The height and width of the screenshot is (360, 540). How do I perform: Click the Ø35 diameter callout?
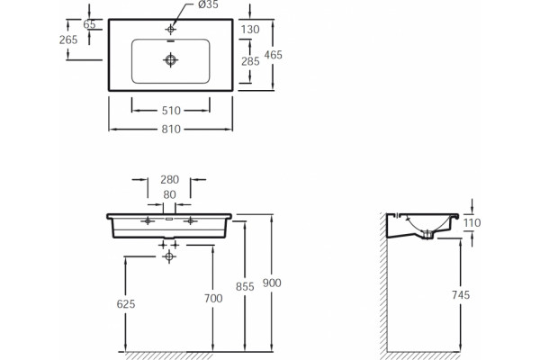(209, 4)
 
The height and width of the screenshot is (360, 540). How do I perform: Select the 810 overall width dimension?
(171, 130)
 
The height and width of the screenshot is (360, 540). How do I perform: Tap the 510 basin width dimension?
(171, 111)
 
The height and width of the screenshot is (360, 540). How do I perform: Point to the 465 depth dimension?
(274, 55)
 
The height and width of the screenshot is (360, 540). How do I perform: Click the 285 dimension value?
(250, 61)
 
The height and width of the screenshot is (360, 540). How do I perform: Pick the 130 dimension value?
(250, 30)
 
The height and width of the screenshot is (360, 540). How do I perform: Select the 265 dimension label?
(68, 40)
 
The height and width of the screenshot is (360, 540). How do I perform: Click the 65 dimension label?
(89, 24)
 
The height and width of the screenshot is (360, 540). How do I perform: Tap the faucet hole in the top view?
(170, 30)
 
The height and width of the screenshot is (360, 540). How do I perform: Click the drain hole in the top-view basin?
(170, 60)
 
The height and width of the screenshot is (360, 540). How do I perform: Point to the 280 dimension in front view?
(170, 179)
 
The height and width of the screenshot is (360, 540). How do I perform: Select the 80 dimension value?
(169, 194)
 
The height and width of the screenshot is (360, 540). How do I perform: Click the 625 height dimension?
(126, 304)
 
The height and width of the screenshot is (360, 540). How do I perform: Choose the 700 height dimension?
(213, 298)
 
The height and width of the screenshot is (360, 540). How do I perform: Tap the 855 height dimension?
(245, 286)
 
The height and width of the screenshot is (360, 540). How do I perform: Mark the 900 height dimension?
(272, 283)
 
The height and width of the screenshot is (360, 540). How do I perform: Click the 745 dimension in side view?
(461, 295)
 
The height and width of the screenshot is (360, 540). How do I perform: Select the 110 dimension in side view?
(472, 223)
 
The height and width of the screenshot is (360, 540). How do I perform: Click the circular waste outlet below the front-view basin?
(169, 256)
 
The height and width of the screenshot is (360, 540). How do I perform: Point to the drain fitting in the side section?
(427, 235)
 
